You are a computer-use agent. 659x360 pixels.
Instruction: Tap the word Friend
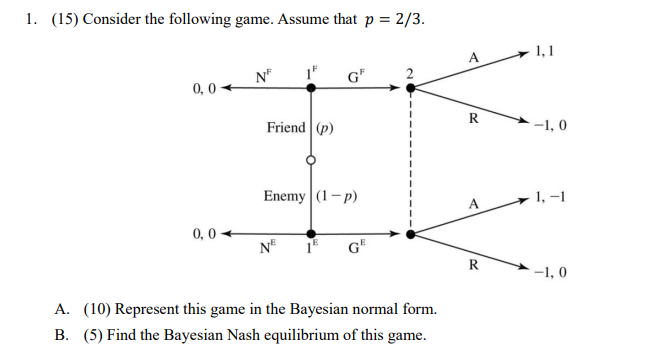(288, 128)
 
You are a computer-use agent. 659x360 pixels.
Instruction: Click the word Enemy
(285, 196)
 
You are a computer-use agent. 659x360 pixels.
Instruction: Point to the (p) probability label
(325, 128)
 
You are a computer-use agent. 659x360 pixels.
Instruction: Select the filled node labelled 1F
(311, 88)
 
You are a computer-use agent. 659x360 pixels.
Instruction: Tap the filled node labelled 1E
(311, 234)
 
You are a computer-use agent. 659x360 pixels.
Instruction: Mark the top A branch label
(472, 58)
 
